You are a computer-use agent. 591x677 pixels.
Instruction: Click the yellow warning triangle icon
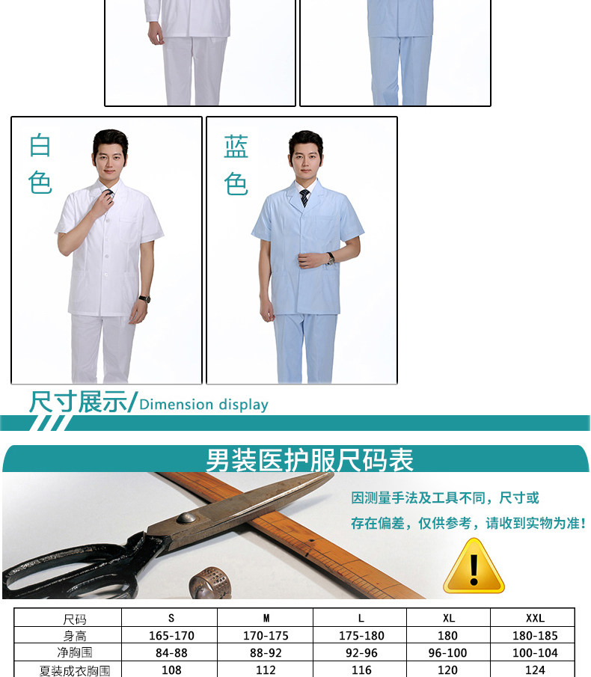tap(474, 566)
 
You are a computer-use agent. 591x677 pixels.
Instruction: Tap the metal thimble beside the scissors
tap(210, 583)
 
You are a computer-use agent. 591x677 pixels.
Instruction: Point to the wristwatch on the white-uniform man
tap(144, 298)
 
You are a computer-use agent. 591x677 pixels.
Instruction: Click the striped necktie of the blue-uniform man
tap(304, 197)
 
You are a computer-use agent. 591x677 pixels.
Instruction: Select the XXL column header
tap(535, 618)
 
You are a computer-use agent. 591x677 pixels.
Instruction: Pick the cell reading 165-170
tap(171, 636)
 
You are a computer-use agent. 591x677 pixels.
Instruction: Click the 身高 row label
tap(75, 636)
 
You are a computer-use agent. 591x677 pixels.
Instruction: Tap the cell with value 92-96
tap(361, 653)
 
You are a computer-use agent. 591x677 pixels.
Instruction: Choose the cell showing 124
tap(535, 670)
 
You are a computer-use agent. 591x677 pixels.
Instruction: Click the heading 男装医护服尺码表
tap(309, 460)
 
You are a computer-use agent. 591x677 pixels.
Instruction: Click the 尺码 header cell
tap(75, 619)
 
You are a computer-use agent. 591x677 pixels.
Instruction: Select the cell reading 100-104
tap(535, 653)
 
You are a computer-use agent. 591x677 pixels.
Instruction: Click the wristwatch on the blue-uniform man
tap(331, 258)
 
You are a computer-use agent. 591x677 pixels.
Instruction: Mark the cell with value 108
tap(171, 670)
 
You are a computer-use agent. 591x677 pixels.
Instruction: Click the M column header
tap(266, 618)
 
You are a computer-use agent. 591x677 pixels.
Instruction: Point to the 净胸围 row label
tap(75, 652)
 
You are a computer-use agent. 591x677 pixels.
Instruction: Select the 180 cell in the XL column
tap(447, 636)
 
